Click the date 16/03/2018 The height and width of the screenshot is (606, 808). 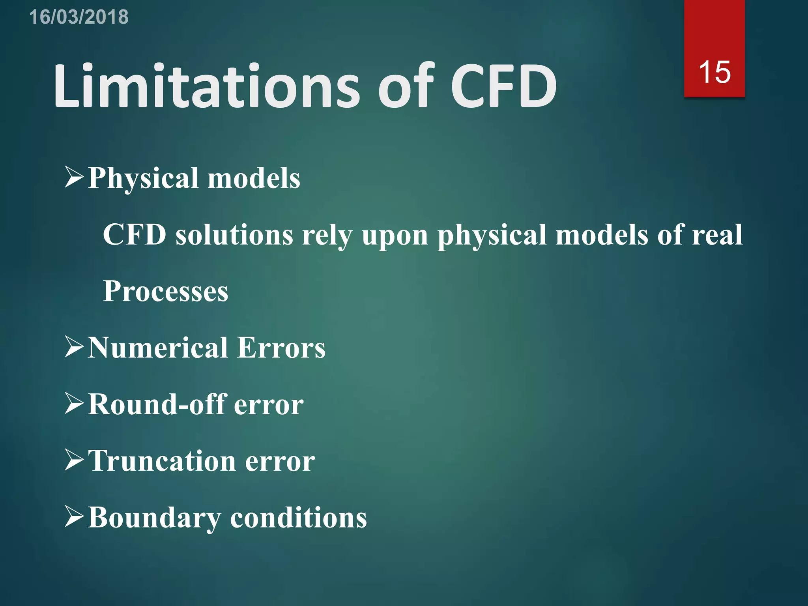(x=79, y=17)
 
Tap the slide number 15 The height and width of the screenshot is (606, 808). (x=714, y=72)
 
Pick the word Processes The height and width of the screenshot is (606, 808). (x=166, y=292)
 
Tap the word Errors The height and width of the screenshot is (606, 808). (x=281, y=348)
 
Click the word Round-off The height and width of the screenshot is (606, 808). (x=157, y=404)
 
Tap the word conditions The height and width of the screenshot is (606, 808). (x=298, y=518)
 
